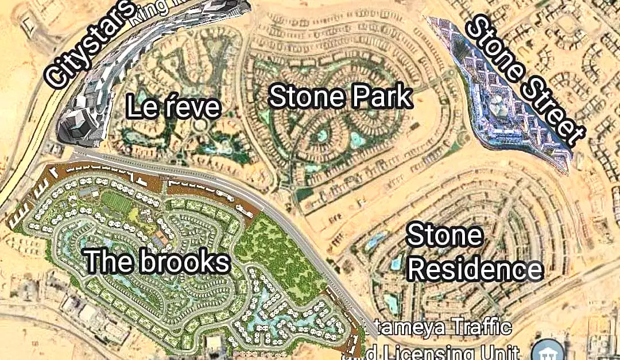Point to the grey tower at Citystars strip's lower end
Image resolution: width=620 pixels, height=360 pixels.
point(75,123)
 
